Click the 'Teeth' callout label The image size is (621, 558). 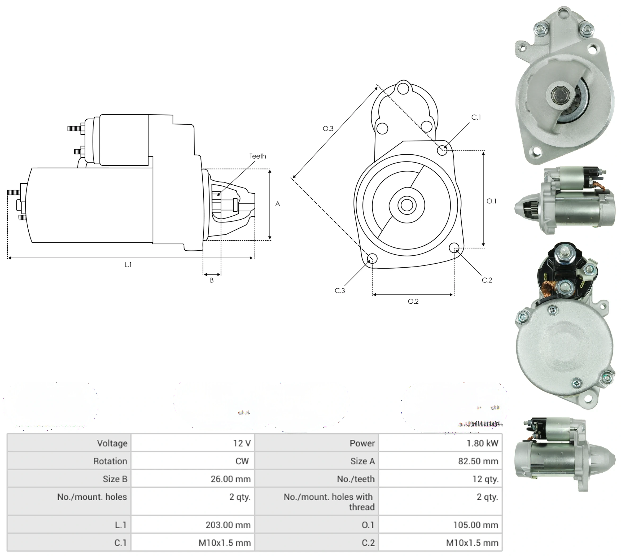[x=257, y=156]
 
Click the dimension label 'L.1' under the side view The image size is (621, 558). [x=128, y=265]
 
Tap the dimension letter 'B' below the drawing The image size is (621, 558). [x=212, y=280]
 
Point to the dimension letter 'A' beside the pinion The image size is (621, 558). [x=277, y=204]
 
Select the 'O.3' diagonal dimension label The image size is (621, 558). [x=328, y=129]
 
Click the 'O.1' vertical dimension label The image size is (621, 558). [x=491, y=201]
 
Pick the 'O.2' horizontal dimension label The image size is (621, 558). [x=413, y=301]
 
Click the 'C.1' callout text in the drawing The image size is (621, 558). [x=476, y=117]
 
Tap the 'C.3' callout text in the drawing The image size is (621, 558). [x=340, y=291]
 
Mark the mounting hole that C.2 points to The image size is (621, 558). [x=454, y=248]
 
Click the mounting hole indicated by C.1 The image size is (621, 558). [x=442, y=150]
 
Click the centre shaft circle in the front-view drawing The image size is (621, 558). [x=407, y=205]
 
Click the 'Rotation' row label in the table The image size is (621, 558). [x=110, y=461]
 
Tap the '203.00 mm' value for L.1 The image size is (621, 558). [x=228, y=525]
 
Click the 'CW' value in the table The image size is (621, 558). [x=242, y=461]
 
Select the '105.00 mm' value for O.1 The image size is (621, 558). [x=475, y=525]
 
